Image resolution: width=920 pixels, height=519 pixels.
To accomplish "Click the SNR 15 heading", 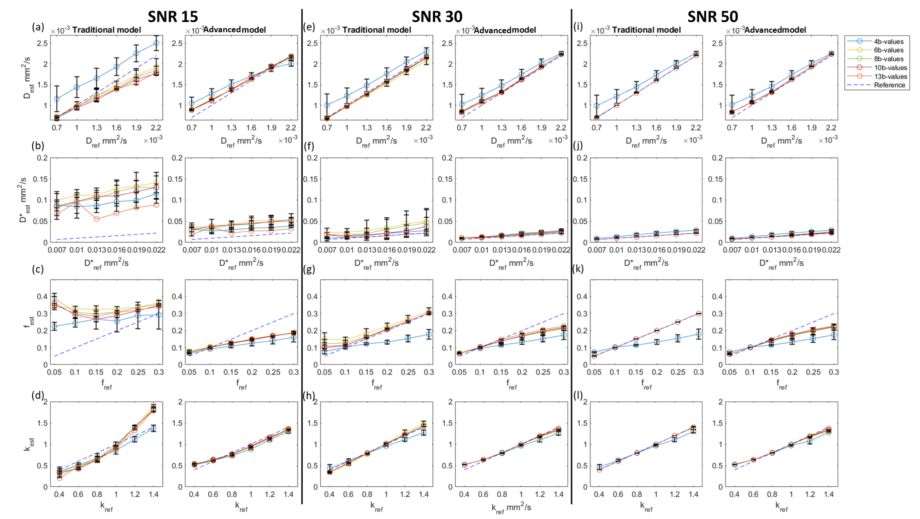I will [173, 17].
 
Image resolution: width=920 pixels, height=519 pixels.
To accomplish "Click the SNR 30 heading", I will [437, 17].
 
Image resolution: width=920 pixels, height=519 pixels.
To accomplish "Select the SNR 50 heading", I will [713, 17].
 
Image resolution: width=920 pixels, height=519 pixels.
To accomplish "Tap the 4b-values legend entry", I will [888, 42].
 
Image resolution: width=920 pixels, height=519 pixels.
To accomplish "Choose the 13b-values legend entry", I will [891, 77].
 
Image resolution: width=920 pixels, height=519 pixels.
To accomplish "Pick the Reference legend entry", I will [889, 85].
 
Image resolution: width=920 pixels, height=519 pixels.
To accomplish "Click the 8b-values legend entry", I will [888, 59].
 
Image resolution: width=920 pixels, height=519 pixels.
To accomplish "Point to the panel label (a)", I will [38, 27].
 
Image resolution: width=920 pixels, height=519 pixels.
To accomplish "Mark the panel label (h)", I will [309, 395].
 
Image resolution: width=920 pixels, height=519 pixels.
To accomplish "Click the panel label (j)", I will [578, 145].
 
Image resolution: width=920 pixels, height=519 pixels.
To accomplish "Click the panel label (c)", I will [38, 269].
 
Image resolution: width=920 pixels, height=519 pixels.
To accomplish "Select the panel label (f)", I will [308, 146].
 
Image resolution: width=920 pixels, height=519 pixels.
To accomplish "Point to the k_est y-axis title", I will [29, 444].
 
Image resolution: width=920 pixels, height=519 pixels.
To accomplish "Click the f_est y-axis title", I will [29, 322].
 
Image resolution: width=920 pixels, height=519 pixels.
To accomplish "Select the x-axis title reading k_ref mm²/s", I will [511, 508].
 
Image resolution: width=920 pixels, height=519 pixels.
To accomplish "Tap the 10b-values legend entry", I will [891, 68].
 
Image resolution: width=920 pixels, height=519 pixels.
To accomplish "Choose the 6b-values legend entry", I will [888, 50].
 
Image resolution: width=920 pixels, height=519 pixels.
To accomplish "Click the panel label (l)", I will [578, 395].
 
